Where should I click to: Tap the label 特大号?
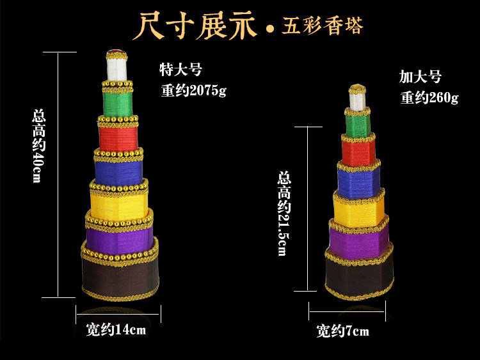point(181,70)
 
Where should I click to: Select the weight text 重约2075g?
point(193,91)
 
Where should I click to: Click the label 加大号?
point(420,77)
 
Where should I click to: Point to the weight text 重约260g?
point(429,98)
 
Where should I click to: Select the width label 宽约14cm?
point(116,330)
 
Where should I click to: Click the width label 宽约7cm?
point(342,331)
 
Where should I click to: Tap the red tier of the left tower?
point(118,136)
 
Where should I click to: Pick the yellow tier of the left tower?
point(120,201)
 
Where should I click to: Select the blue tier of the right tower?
point(358,181)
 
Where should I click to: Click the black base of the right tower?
point(358,278)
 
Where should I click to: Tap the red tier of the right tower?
point(358,152)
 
